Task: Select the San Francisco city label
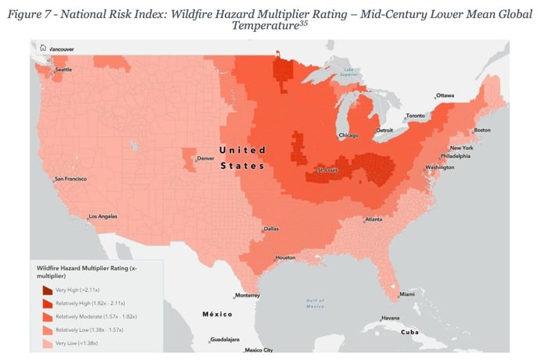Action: coord(70,179)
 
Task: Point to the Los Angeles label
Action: coord(102,216)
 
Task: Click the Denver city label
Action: coord(205,159)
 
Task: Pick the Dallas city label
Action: coord(271,229)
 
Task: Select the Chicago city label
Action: coord(349,135)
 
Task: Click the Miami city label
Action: coord(406,294)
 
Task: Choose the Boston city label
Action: coord(482,130)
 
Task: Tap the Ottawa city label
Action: coord(445,95)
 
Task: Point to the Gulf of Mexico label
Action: coord(315,303)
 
